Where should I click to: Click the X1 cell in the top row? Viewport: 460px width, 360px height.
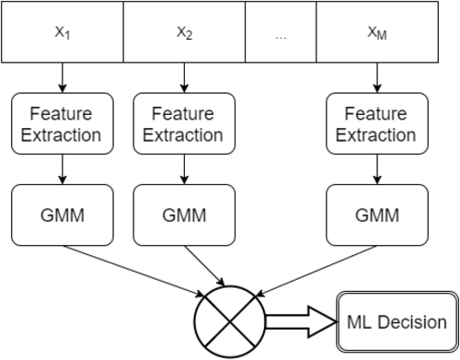(x=63, y=32)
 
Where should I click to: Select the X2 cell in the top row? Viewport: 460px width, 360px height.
(x=184, y=32)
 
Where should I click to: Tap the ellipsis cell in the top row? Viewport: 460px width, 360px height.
(x=281, y=32)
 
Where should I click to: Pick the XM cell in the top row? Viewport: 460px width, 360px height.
(x=377, y=32)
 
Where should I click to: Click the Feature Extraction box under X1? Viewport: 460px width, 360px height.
(x=63, y=123)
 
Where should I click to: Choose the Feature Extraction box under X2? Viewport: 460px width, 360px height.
(x=184, y=123)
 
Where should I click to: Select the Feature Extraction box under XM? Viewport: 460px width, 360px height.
(x=377, y=123)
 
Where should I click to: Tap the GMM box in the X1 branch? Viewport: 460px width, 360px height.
(x=63, y=215)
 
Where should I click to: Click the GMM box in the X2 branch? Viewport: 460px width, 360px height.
(x=184, y=215)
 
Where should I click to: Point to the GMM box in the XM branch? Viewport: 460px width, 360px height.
(x=377, y=215)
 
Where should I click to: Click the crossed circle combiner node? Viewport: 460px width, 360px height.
(x=230, y=322)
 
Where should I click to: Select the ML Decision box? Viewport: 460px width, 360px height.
(x=397, y=321)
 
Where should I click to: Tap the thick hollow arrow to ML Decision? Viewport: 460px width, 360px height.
(x=301, y=322)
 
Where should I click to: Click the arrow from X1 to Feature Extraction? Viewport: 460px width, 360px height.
(x=63, y=77)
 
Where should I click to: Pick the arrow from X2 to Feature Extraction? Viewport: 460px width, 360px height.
(x=184, y=77)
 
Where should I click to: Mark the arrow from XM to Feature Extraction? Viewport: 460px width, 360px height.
(x=377, y=77)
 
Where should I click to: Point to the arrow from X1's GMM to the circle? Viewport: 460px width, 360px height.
(x=133, y=271)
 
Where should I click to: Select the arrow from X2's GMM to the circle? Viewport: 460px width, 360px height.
(x=204, y=265)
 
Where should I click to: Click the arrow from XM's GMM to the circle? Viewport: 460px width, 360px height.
(x=316, y=271)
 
